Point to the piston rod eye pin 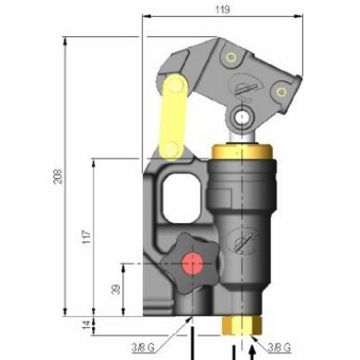[x=243, y=121]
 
